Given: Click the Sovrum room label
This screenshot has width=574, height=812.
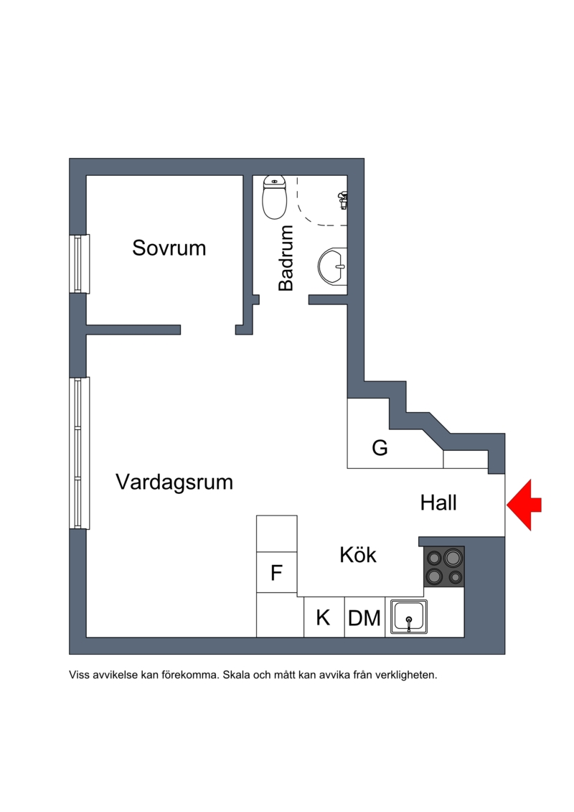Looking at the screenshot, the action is [169, 248].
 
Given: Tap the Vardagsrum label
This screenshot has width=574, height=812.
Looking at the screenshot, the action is [174, 482].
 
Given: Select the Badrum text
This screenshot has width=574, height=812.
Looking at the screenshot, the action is [286, 258].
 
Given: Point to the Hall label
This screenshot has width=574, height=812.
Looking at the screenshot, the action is [438, 503].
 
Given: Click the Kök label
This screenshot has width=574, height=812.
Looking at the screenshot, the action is [357, 555].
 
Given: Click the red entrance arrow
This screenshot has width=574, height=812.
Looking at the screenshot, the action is [524, 505].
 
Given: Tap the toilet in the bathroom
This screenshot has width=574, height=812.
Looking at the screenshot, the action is [274, 197].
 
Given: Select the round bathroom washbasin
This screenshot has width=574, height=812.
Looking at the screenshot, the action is [331, 266].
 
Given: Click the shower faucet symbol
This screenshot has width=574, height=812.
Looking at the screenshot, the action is [342, 200].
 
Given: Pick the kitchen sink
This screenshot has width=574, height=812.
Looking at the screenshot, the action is [409, 617].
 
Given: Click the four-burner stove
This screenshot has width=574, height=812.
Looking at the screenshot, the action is [444, 566].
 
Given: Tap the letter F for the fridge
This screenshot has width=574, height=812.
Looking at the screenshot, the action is [276, 573].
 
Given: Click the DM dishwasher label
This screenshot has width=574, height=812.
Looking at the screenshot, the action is [364, 618].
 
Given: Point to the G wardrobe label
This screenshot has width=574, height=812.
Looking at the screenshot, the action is [380, 447].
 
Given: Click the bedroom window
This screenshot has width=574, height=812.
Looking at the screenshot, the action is [79, 264].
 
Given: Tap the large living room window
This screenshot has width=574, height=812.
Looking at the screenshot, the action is [79, 453].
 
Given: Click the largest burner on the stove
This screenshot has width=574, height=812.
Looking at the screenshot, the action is [453, 558].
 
